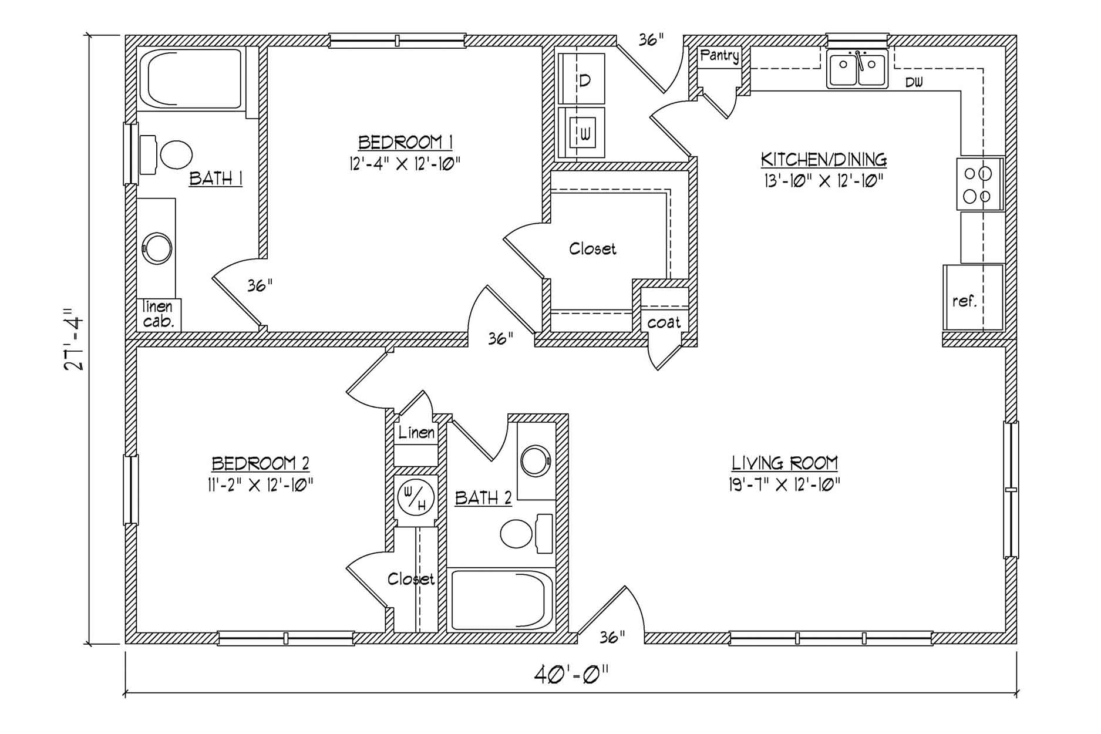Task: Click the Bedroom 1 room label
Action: (405, 143)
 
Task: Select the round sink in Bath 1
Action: (157, 248)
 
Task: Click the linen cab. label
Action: (158, 314)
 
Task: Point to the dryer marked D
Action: (581, 79)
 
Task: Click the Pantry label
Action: (719, 56)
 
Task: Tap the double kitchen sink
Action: (857, 69)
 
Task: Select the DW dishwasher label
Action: (914, 83)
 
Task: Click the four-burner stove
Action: (980, 183)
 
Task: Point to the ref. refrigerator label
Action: (964, 301)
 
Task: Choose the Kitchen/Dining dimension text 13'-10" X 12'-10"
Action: (824, 181)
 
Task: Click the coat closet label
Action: (664, 322)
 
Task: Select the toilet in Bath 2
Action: (526, 534)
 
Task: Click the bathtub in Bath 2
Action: (501, 600)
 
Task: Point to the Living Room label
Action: (784, 463)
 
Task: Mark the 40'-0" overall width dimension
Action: (571, 675)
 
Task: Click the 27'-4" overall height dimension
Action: (75, 339)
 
